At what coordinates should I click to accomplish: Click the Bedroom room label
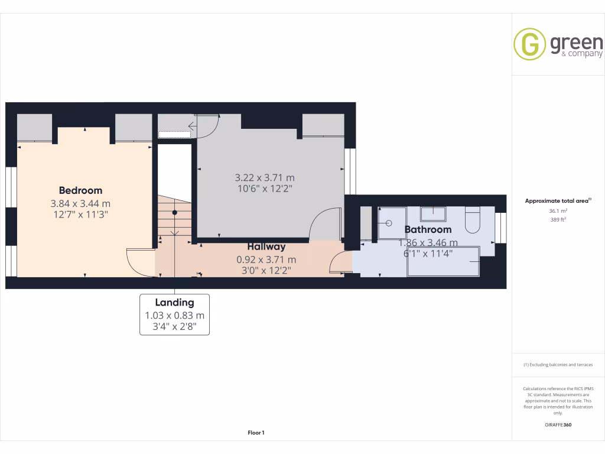[x=80, y=190]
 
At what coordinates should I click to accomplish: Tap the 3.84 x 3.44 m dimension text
[x=80, y=203]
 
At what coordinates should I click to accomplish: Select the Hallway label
[x=266, y=247]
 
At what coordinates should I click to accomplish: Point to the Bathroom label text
[x=428, y=229]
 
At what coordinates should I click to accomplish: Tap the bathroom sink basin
[x=435, y=213]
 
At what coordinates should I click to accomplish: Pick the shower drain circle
[x=389, y=223]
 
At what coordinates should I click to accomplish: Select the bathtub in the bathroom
[x=443, y=261]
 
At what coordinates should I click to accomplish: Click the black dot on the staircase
[x=174, y=212]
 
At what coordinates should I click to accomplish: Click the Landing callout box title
[x=174, y=303]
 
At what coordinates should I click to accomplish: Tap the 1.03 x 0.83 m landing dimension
[x=174, y=315]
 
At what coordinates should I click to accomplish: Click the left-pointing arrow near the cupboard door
[x=193, y=125]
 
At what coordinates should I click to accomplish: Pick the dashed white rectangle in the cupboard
[x=174, y=134]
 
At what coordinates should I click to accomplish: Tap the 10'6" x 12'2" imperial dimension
[x=265, y=189]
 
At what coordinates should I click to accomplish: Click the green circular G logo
[x=529, y=44]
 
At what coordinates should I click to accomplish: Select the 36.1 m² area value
[x=558, y=210]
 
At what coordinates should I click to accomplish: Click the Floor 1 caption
[x=256, y=433]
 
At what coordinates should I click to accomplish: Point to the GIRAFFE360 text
[x=558, y=424]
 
